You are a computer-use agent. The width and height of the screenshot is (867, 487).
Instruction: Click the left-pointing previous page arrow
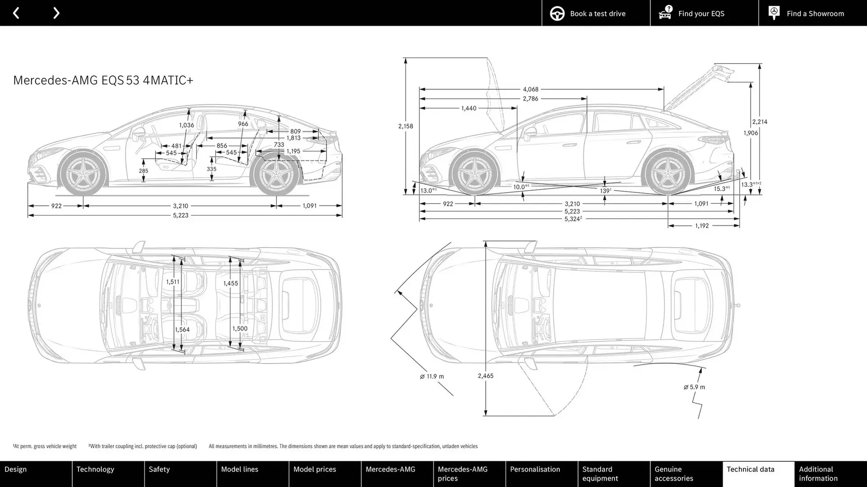point(16,13)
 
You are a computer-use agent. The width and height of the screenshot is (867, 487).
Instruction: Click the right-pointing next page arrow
point(56,13)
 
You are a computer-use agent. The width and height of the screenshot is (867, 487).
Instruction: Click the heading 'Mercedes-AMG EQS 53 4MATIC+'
point(103,80)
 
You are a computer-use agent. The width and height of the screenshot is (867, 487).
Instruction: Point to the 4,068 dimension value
point(531,89)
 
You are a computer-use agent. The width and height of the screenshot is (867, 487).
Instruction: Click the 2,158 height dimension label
point(406,126)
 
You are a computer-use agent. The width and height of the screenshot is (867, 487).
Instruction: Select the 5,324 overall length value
point(572,219)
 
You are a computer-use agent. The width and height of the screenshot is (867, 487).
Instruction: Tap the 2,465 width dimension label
point(485,376)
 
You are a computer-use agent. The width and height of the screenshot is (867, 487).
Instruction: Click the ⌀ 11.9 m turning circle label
point(432,377)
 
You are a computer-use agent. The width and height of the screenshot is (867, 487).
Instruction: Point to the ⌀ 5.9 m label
point(694,387)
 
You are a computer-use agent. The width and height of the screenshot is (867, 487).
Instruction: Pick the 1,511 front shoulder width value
point(172,282)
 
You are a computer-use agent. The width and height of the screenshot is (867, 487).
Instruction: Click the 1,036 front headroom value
point(186,125)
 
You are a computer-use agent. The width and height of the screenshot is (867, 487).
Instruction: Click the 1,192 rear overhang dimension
point(702,225)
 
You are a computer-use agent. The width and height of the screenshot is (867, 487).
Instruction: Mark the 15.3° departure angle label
point(721,189)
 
